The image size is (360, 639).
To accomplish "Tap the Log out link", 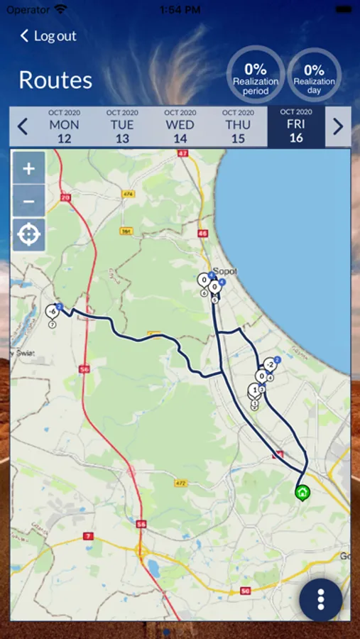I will pyautogui.click(x=48, y=35).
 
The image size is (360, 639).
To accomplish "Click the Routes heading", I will pyautogui.click(x=55, y=80).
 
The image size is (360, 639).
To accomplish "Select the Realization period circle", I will pyautogui.click(x=256, y=75).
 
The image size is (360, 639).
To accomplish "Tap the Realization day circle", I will pyautogui.click(x=314, y=75).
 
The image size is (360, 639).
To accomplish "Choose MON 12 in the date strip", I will pyautogui.click(x=65, y=126).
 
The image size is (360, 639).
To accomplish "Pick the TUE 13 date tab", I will pyautogui.click(x=122, y=126).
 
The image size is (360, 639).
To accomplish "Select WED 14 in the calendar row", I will pyautogui.click(x=180, y=126).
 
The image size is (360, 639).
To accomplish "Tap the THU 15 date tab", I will pyautogui.click(x=238, y=126).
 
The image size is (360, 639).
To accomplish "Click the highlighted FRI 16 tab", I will pyautogui.click(x=296, y=126).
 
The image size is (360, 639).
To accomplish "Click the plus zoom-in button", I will pyautogui.click(x=29, y=169).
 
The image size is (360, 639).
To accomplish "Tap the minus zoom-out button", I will pyautogui.click(x=29, y=202).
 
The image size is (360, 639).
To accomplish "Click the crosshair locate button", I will pyautogui.click(x=29, y=235).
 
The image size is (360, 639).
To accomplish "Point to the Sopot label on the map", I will pyautogui.click(x=224, y=271).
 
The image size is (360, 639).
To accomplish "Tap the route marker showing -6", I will pyautogui.click(x=52, y=311).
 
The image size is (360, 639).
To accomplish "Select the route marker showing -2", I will pyautogui.click(x=269, y=365).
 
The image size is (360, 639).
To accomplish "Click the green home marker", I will pyautogui.click(x=302, y=492).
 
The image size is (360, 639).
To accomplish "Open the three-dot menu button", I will pyautogui.click(x=321, y=599).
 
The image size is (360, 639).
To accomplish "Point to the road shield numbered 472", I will pyautogui.click(x=181, y=483).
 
